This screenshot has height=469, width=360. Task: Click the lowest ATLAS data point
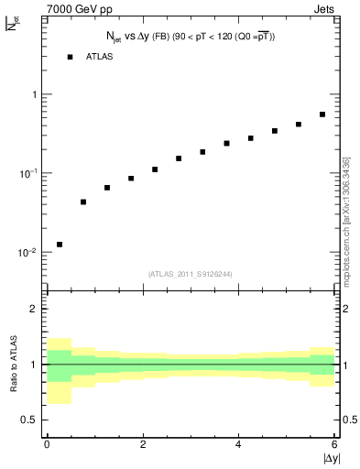click(x=60, y=245)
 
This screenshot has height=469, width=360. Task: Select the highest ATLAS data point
click(x=322, y=115)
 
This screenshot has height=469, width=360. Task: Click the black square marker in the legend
click(x=70, y=57)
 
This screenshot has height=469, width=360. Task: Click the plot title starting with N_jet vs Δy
click(x=189, y=36)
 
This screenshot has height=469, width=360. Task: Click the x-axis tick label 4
click(x=238, y=444)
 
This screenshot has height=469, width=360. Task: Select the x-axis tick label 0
click(x=47, y=444)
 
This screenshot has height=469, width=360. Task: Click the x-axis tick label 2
click(x=143, y=444)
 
